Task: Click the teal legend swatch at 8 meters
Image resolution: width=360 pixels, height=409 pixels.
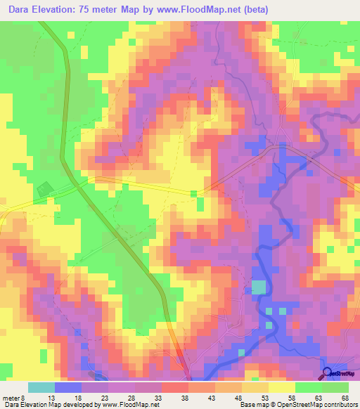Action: point(41,387)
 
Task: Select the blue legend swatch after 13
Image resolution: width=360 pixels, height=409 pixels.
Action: point(68,387)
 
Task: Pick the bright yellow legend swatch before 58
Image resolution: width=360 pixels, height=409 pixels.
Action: point(282,387)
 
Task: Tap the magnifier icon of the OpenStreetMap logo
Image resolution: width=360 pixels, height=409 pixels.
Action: point(328,372)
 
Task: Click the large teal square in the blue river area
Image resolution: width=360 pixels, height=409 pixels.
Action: point(259,287)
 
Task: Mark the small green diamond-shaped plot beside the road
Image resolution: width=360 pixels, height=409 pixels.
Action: point(44,189)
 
